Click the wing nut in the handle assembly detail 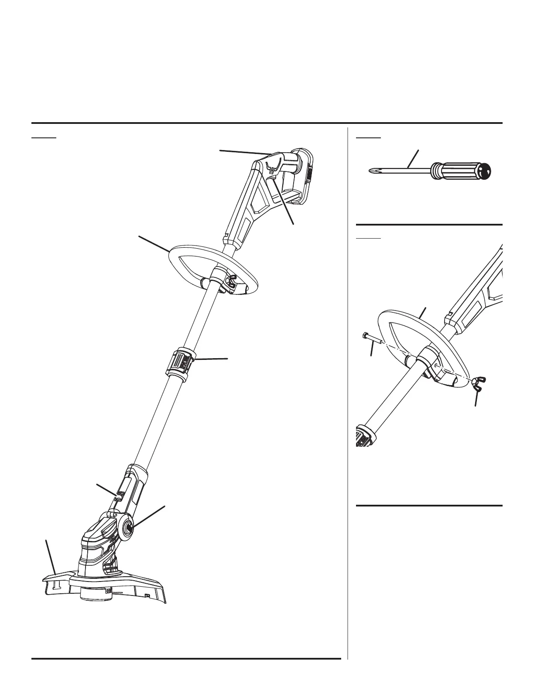478,383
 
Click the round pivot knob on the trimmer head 130,527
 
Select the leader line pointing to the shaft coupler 212,359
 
